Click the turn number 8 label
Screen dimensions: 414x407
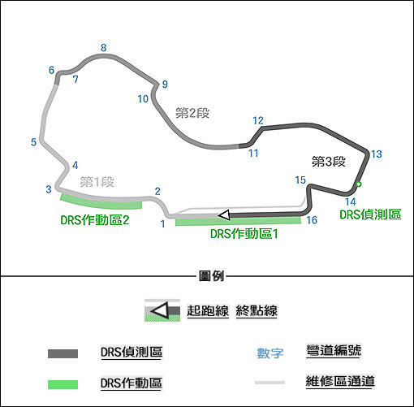point(104,48)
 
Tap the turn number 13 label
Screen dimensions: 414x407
point(376,154)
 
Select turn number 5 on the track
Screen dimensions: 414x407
point(33,142)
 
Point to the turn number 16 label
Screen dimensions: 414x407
point(312,220)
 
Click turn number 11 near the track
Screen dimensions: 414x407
point(253,154)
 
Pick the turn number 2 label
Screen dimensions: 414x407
point(157,191)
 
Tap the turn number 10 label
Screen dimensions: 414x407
point(143,99)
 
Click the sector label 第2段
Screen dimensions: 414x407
point(192,113)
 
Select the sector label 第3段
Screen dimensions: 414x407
point(329,162)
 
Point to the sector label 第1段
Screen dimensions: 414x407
point(97,181)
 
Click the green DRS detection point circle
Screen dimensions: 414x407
point(359,184)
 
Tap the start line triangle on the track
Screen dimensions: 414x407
point(224,215)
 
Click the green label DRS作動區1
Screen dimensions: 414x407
point(244,234)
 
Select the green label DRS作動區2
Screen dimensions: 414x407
point(95,220)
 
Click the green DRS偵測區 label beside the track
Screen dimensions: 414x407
point(370,214)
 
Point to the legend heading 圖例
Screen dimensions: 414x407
point(211,276)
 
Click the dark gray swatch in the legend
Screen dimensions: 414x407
point(63,353)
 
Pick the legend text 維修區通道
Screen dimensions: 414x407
point(340,381)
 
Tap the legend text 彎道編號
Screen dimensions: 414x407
point(334,350)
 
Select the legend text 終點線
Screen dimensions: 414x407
point(257,310)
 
